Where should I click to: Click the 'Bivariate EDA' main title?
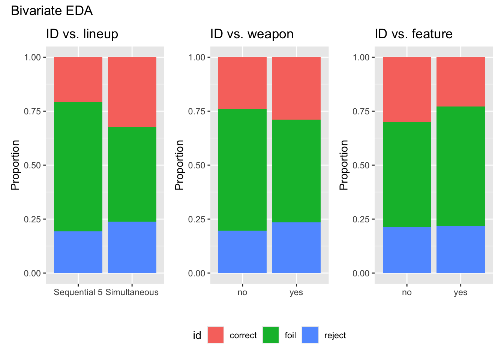[x=52, y=11]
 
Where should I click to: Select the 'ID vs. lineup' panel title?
[x=82, y=34]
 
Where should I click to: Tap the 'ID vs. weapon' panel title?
[x=252, y=34]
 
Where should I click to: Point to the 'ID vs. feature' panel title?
[x=414, y=34]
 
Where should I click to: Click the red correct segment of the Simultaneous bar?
[x=132, y=92]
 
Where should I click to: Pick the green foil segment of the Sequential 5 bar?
[x=78, y=166]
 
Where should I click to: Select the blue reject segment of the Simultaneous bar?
[x=132, y=247]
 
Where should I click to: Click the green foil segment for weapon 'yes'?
[x=296, y=171]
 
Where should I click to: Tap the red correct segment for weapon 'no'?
[x=242, y=83]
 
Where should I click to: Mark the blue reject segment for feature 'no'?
[x=407, y=250]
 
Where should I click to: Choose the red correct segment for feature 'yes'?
[x=460, y=82]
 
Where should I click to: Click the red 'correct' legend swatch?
[x=216, y=335]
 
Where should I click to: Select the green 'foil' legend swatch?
[x=271, y=335]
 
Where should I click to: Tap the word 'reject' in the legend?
[x=335, y=335]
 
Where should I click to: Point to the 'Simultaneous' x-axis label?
[x=132, y=292]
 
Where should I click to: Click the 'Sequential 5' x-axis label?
[x=78, y=292]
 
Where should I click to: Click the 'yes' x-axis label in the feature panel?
[x=460, y=292]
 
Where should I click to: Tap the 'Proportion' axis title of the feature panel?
[x=344, y=165]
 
